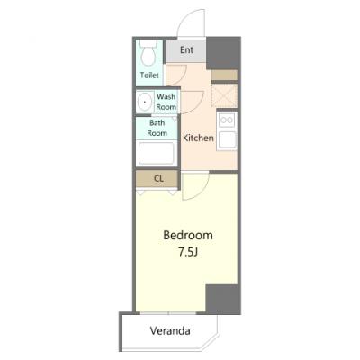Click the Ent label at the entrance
click(186, 49)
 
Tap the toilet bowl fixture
click(148, 53)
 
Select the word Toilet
click(149, 75)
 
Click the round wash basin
click(145, 102)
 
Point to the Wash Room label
click(166, 102)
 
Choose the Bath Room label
click(157, 128)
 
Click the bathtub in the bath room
click(156, 153)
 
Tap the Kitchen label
click(198, 138)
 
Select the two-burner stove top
click(227, 121)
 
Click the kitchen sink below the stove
click(227, 140)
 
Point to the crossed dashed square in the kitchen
click(224, 95)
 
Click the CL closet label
click(158, 179)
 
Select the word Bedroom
click(188, 236)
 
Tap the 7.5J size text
click(188, 253)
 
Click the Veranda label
click(170, 331)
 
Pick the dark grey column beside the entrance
click(223, 53)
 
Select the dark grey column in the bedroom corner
click(223, 299)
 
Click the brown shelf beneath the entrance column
click(224, 76)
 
